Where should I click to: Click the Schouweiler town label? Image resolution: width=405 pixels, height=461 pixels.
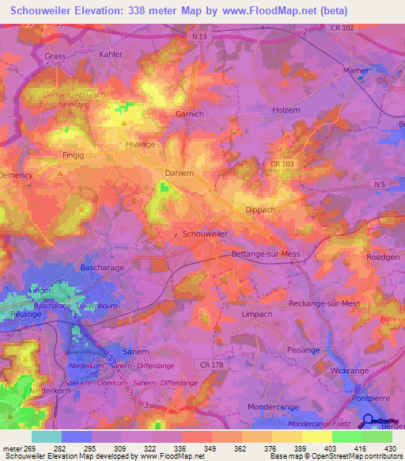click(205, 234)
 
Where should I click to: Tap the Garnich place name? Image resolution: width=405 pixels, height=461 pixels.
click(190, 114)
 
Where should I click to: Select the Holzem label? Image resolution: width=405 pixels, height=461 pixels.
click(286, 110)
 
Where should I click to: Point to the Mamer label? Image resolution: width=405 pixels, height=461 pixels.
click(356, 70)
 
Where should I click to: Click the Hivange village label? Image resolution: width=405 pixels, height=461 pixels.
click(141, 146)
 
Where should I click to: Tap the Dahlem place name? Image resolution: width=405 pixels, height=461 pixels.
click(180, 172)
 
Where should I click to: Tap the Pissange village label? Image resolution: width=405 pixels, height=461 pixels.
click(304, 349)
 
